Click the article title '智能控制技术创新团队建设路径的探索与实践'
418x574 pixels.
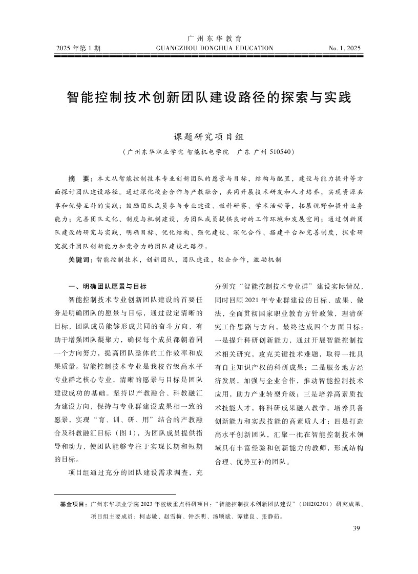209,97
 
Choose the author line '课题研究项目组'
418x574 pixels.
209,137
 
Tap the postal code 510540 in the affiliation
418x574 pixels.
280,152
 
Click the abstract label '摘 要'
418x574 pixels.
78,178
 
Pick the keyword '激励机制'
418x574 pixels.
267,260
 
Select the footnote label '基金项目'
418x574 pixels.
73,504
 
